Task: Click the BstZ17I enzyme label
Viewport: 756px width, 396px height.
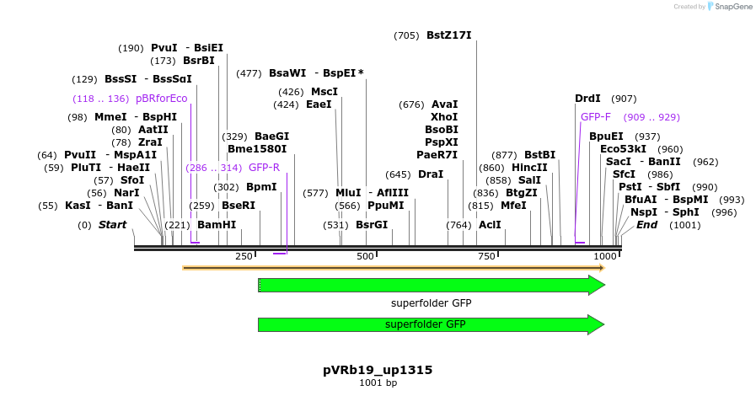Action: pyautogui.click(x=448, y=35)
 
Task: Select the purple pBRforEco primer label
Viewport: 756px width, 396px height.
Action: pyautogui.click(x=161, y=99)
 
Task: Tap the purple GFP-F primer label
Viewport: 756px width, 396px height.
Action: pyautogui.click(x=596, y=117)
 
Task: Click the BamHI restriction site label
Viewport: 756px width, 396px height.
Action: pyautogui.click(x=217, y=225)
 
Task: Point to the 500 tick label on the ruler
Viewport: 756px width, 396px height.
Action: pyautogui.click(x=365, y=256)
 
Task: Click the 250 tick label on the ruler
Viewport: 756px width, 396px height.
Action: pyautogui.click(x=244, y=256)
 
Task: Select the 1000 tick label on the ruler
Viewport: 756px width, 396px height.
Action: pyautogui.click(x=604, y=256)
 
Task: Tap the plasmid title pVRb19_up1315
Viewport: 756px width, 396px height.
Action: pyautogui.click(x=378, y=370)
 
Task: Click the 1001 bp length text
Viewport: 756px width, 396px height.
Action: pyautogui.click(x=378, y=383)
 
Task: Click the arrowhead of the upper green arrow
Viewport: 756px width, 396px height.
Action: pyautogui.click(x=597, y=286)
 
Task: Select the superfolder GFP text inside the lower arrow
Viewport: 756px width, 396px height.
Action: pyautogui.click(x=426, y=324)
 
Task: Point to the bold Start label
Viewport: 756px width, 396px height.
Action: pyautogui.click(x=112, y=225)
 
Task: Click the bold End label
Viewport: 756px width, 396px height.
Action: pyautogui.click(x=646, y=225)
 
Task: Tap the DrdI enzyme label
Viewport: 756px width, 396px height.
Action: pyautogui.click(x=587, y=99)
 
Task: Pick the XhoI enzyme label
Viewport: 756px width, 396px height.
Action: pyautogui.click(x=444, y=117)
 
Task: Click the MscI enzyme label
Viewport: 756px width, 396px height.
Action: pyautogui.click(x=324, y=92)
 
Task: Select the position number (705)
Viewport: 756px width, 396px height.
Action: pyautogui.click(x=406, y=35)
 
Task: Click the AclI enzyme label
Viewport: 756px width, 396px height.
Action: pyautogui.click(x=490, y=225)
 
